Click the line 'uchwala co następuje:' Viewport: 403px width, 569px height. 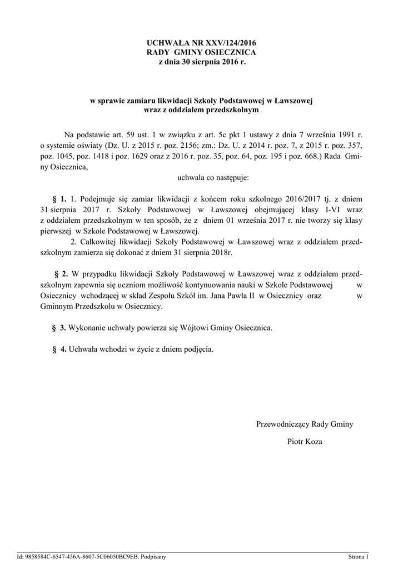(213, 178)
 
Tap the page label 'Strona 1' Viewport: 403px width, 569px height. (359, 556)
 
